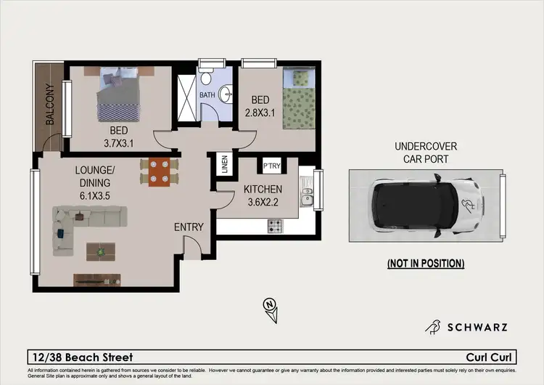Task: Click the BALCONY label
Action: click(50, 106)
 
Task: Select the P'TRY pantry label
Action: click(273, 165)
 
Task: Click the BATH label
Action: click(207, 94)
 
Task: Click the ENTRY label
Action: click(189, 227)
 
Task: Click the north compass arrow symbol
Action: click(271, 308)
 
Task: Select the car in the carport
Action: click(425, 206)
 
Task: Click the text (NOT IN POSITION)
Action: click(425, 263)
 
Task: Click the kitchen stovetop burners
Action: click(275, 226)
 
